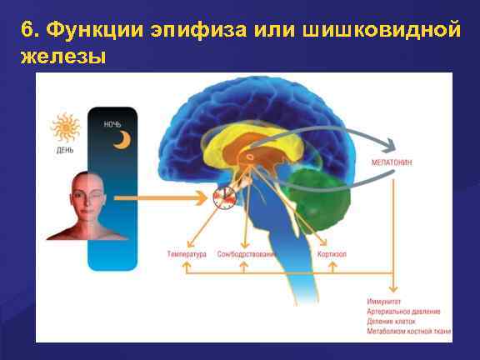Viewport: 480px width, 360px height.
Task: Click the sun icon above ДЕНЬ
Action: (65, 129)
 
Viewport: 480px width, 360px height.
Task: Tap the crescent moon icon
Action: (122, 141)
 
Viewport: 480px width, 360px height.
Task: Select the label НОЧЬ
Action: (112, 124)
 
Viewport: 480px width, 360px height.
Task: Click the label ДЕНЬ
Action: (65, 151)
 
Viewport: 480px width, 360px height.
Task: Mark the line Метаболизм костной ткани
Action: (408, 331)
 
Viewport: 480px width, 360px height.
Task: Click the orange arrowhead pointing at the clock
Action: (204, 197)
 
